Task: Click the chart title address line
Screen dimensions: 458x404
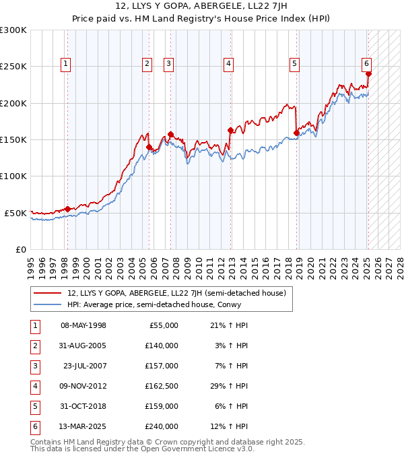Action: point(201,7)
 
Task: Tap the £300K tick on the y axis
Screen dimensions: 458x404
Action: point(13,30)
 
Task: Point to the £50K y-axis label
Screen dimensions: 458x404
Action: point(15,213)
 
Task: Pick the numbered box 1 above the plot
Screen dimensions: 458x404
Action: point(66,64)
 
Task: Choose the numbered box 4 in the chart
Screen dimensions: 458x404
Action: point(229,64)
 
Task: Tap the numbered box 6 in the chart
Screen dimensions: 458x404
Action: point(366,64)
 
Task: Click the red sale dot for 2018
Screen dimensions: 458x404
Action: point(296,133)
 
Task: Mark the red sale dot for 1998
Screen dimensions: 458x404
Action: point(67,209)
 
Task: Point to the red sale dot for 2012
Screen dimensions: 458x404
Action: point(230,131)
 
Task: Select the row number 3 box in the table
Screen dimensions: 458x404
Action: point(33,366)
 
